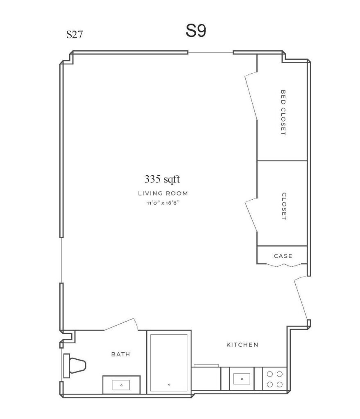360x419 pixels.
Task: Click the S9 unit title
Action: click(196, 31)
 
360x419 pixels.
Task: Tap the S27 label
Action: click(75, 34)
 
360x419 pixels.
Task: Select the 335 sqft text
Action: click(162, 179)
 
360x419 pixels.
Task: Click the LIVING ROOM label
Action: click(163, 193)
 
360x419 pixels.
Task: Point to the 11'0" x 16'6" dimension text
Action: click(163, 203)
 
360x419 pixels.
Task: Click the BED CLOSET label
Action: click(283, 113)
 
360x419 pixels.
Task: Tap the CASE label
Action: click(283, 256)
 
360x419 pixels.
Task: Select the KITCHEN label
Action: click(242, 345)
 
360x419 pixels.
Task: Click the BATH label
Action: click(121, 354)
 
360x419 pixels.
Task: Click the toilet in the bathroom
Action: click(75, 365)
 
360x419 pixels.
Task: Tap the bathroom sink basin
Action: click(121, 385)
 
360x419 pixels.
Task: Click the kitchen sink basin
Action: click(242, 378)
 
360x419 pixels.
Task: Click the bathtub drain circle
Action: click(169, 385)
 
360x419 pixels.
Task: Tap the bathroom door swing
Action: click(121, 324)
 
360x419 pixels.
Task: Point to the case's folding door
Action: click(283, 265)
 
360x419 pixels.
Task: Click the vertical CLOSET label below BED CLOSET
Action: click(284, 206)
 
